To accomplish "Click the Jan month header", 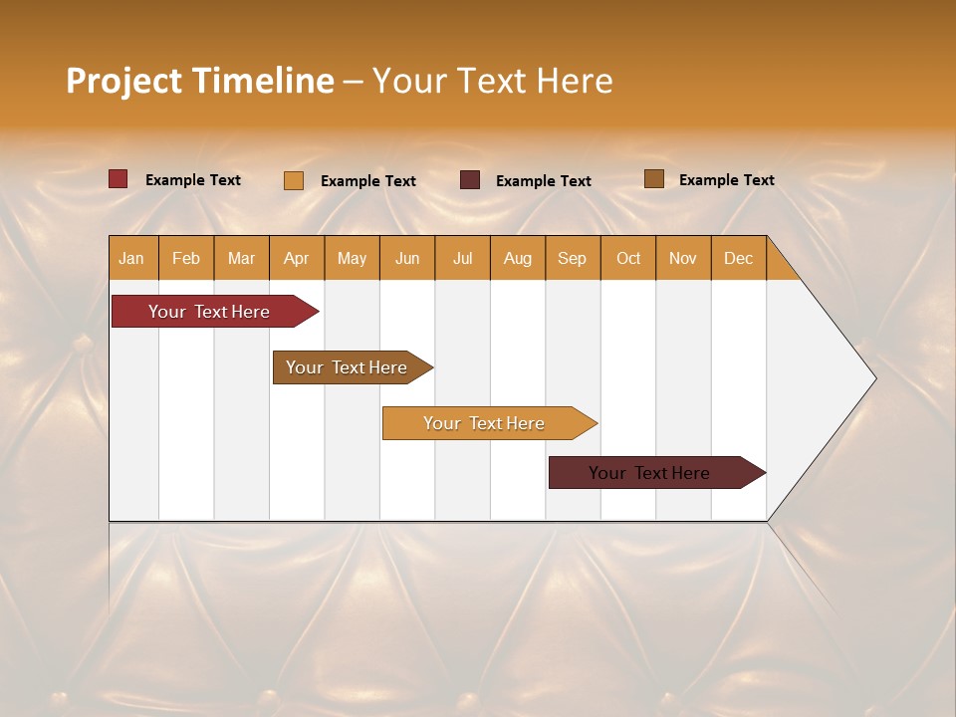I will point(132,258).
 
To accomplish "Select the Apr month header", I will point(297,258).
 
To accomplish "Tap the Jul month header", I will point(462,258).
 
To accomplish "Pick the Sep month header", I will point(573,258).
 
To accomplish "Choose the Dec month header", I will point(738,258).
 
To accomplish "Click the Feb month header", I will point(186,258).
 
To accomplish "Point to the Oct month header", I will point(628,258).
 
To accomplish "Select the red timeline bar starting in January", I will point(209,312).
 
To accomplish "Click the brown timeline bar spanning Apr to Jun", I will point(347,367).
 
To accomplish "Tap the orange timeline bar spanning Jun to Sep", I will point(484,423).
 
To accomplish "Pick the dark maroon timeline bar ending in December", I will point(649,473).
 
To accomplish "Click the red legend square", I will point(119,179).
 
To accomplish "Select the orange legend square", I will point(294,180).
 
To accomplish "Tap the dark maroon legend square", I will point(470,180).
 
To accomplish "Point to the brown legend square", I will point(654,179).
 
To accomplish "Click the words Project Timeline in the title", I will point(199,81).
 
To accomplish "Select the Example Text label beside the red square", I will point(193,180).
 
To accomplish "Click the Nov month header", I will point(683,258).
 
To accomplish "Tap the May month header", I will point(352,258).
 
